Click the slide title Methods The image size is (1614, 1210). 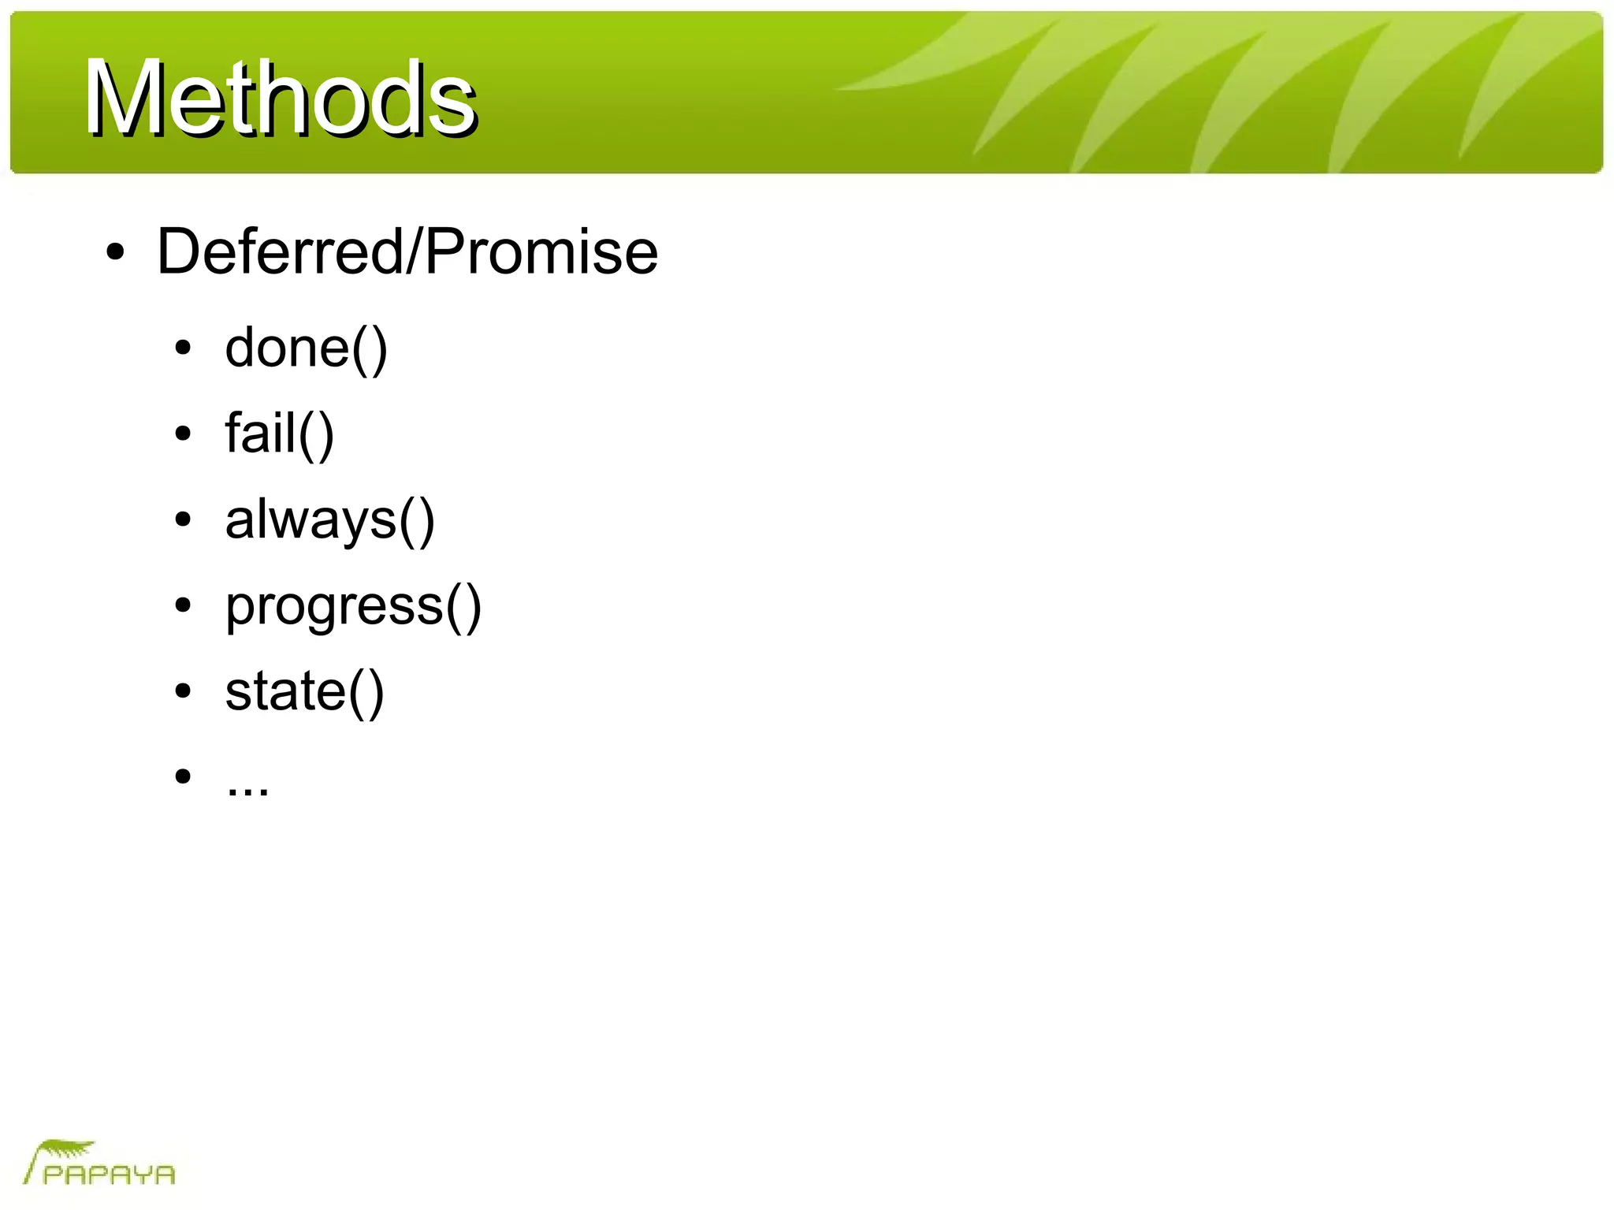[x=280, y=99]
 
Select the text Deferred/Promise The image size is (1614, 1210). [x=407, y=251]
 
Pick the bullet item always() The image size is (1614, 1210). [x=329, y=519]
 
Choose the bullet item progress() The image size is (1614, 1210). [x=352, y=605]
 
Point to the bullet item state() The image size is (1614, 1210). [x=304, y=691]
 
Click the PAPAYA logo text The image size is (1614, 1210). [x=109, y=1175]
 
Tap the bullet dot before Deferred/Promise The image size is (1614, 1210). [x=115, y=252]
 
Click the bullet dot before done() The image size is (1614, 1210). [x=183, y=348]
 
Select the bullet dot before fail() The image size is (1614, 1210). [x=183, y=434]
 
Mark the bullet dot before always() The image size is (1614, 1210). [x=183, y=519]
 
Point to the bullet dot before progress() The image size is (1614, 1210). [x=183, y=605]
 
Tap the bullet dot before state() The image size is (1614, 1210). [x=183, y=691]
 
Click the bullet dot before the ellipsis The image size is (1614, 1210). [x=183, y=776]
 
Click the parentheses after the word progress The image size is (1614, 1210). [x=463, y=606]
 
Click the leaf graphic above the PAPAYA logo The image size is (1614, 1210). [x=67, y=1149]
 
